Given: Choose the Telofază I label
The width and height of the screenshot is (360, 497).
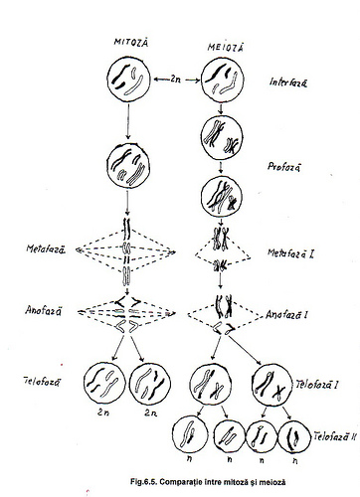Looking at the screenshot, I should coord(320,384).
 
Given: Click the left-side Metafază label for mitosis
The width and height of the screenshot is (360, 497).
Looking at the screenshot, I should coord(46,249).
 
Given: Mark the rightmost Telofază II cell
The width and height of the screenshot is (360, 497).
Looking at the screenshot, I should coord(292,434).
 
